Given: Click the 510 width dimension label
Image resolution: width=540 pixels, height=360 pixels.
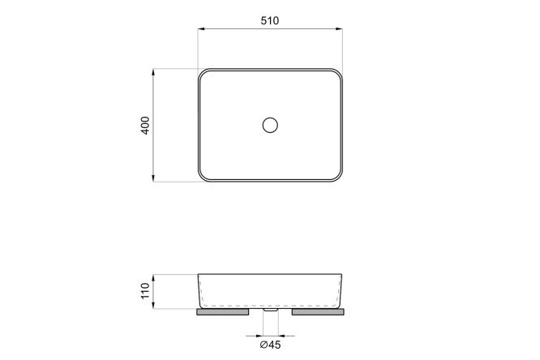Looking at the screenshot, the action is pos(270,20).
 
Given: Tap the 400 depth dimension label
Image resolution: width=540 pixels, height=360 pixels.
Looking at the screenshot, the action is pos(146,126).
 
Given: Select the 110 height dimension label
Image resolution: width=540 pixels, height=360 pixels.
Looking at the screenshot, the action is pos(146,291).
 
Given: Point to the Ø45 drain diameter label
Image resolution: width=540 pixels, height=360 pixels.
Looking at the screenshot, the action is pos(270,344).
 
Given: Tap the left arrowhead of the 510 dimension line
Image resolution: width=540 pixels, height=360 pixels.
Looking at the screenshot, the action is pos(202,29).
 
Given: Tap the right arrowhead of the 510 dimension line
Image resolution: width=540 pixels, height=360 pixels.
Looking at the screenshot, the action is pos(339,29).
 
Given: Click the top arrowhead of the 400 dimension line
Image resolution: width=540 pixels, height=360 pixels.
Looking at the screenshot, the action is pos(153,72).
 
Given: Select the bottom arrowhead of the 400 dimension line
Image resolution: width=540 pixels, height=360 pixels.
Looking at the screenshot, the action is pos(153,178).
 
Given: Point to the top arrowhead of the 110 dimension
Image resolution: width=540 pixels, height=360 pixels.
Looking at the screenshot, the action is pos(153,278).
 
